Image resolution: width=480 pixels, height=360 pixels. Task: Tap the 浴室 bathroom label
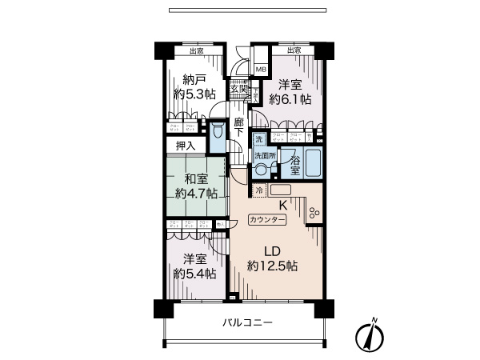tap(295, 166)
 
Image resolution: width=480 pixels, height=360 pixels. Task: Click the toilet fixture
tap(217, 137)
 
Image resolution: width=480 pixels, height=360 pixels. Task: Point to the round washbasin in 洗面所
tap(261, 170)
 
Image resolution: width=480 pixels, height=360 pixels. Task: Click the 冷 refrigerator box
tap(259, 190)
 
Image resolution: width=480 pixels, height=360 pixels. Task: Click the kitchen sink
tap(281, 190)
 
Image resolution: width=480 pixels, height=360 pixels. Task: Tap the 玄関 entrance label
tap(239, 89)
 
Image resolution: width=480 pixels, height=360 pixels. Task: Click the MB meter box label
tap(260, 70)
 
